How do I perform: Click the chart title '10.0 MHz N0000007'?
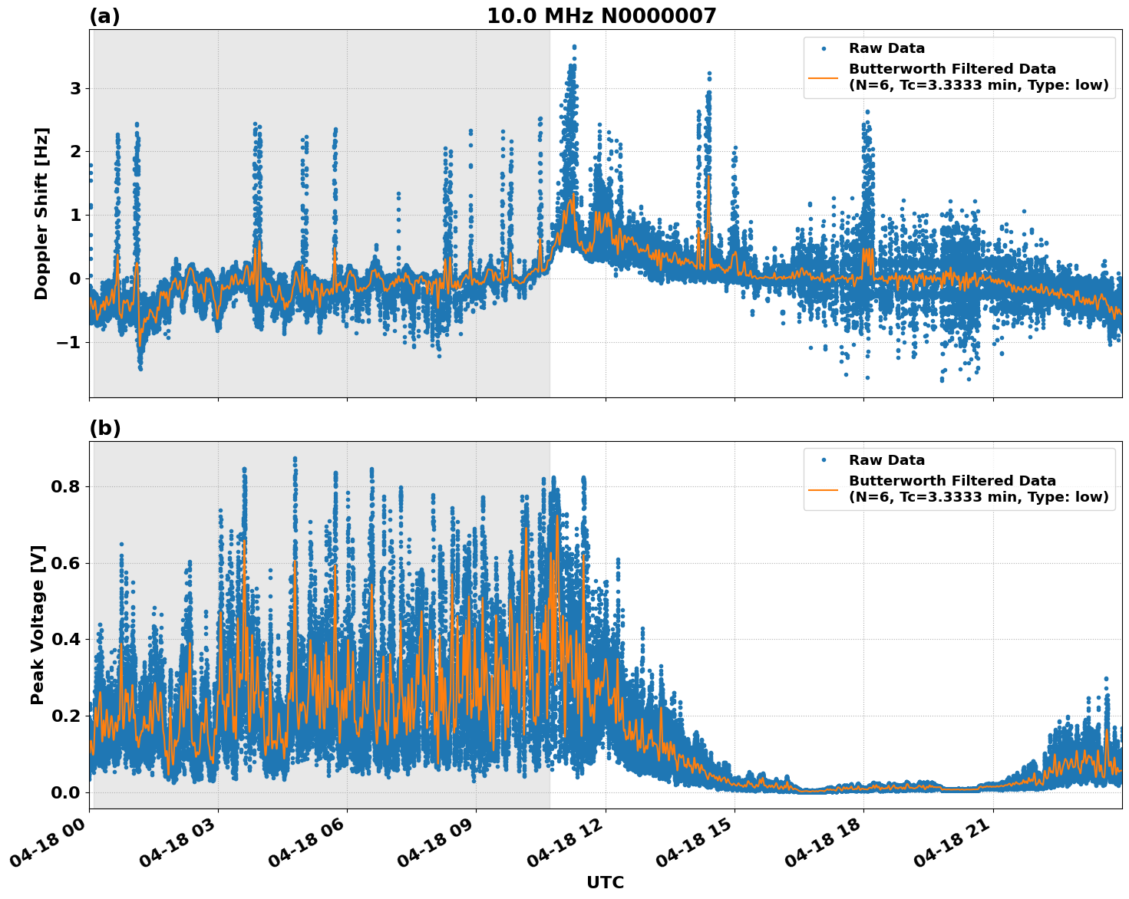point(601,16)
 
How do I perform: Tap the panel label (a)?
point(104,16)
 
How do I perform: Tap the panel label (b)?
point(104,428)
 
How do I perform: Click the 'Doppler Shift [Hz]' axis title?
point(41,213)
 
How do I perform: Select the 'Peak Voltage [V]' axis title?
point(38,624)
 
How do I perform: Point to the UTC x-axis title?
point(605,882)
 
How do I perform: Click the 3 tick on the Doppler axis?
point(75,89)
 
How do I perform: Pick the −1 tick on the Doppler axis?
point(69,342)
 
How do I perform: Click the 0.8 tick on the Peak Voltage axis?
point(65,487)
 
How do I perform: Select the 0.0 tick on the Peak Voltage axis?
point(65,792)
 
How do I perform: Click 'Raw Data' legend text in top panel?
point(886,49)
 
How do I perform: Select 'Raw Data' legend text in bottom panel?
point(886,460)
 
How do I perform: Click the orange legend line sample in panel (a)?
point(823,77)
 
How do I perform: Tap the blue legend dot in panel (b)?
point(823,460)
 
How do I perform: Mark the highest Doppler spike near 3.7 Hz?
point(573,48)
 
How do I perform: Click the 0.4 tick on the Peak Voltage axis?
point(65,640)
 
